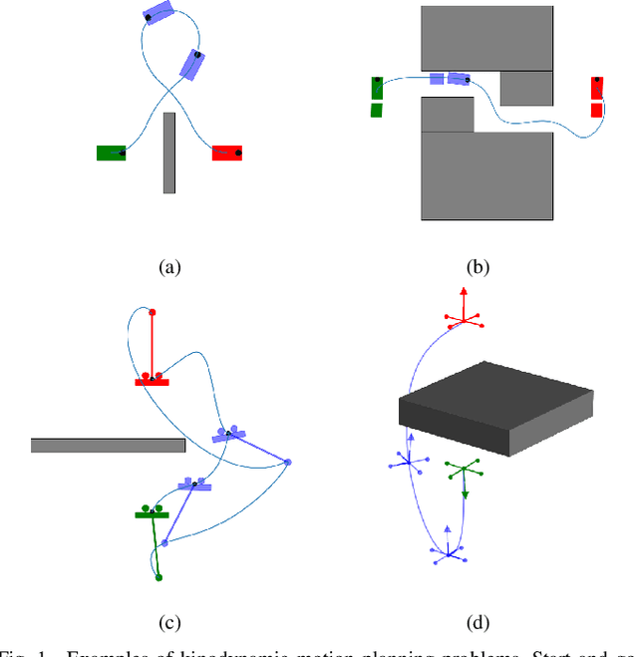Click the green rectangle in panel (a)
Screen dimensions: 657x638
(111, 153)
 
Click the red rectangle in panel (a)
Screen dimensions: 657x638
(227, 153)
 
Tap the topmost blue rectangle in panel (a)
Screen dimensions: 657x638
(158, 13)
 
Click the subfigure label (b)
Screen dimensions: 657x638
(478, 266)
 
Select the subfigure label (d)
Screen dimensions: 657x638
(478, 623)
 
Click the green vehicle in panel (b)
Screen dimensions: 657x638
(377, 96)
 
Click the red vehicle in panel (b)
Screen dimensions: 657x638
(596, 96)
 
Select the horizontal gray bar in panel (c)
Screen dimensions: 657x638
(108, 445)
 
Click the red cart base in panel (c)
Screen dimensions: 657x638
(152, 382)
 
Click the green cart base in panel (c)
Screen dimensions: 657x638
(152, 514)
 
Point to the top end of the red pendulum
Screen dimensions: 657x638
(152, 312)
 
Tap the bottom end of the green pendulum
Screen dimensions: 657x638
(158, 577)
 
